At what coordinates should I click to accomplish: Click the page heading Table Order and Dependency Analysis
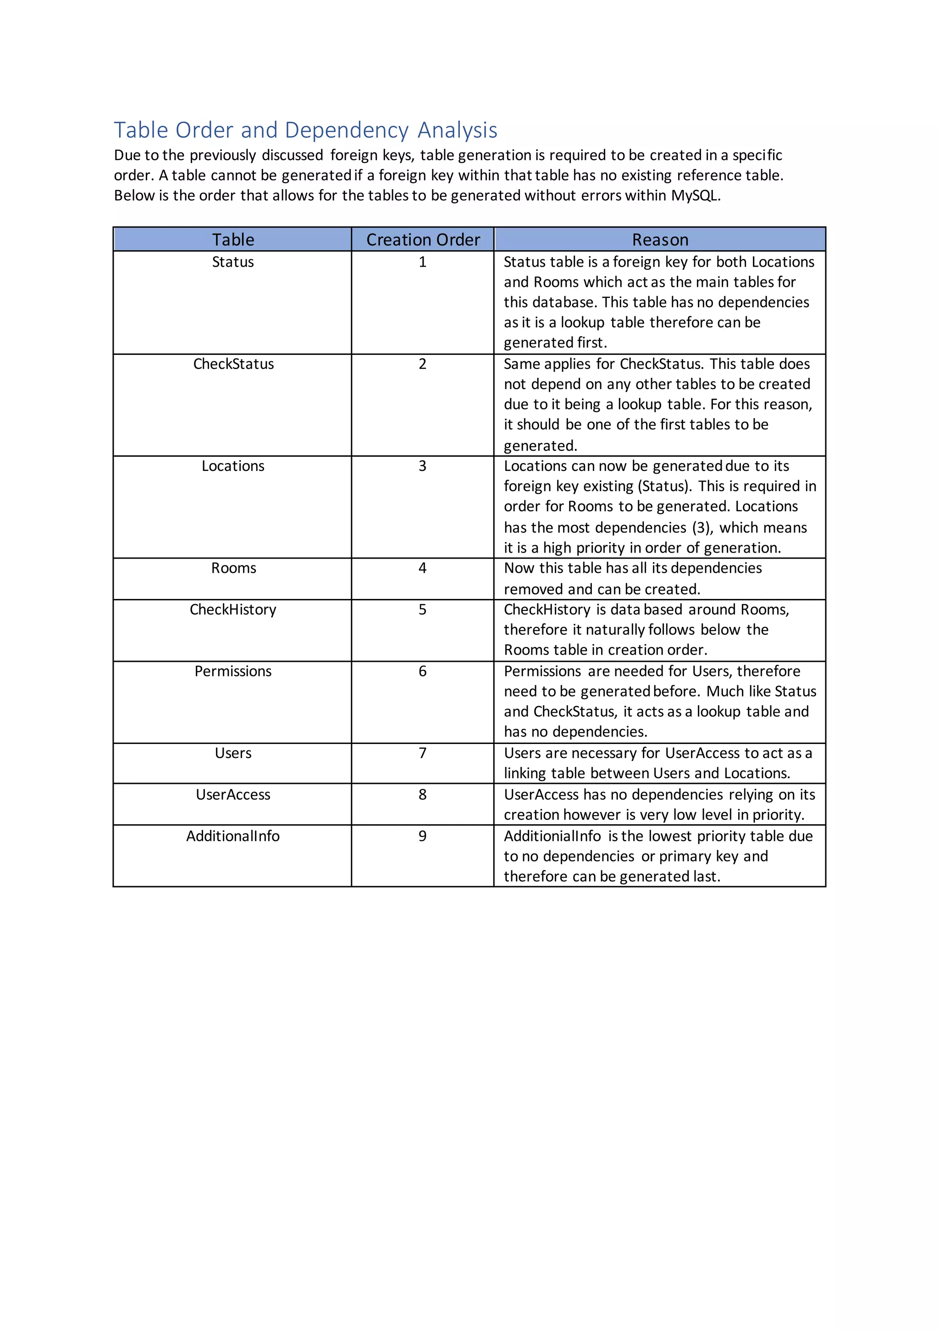pos(305,130)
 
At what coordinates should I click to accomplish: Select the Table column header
pos(233,240)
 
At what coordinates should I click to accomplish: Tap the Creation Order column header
pos(423,240)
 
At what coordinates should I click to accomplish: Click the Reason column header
pos(660,240)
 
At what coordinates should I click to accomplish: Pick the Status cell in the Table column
pos(233,262)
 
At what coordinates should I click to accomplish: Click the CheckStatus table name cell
pos(233,364)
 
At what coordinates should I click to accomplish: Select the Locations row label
pos(233,466)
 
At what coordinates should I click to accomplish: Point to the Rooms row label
pos(233,568)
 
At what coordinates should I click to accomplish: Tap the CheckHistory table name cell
pos(233,610)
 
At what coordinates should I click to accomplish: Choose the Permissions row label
pos(233,671)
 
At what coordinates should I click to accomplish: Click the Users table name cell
pos(233,753)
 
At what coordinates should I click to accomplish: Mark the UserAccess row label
pos(233,795)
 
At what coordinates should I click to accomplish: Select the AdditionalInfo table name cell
pos(233,836)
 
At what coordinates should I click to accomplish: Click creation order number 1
pos(422,262)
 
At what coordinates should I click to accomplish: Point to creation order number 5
pos(422,610)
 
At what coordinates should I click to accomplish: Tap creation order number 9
pos(422,836)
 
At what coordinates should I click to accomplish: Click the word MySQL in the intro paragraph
pos(695,196)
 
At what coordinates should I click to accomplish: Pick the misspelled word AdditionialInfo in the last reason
pos(552,836)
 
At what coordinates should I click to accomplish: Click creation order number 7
pos(422,753)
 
